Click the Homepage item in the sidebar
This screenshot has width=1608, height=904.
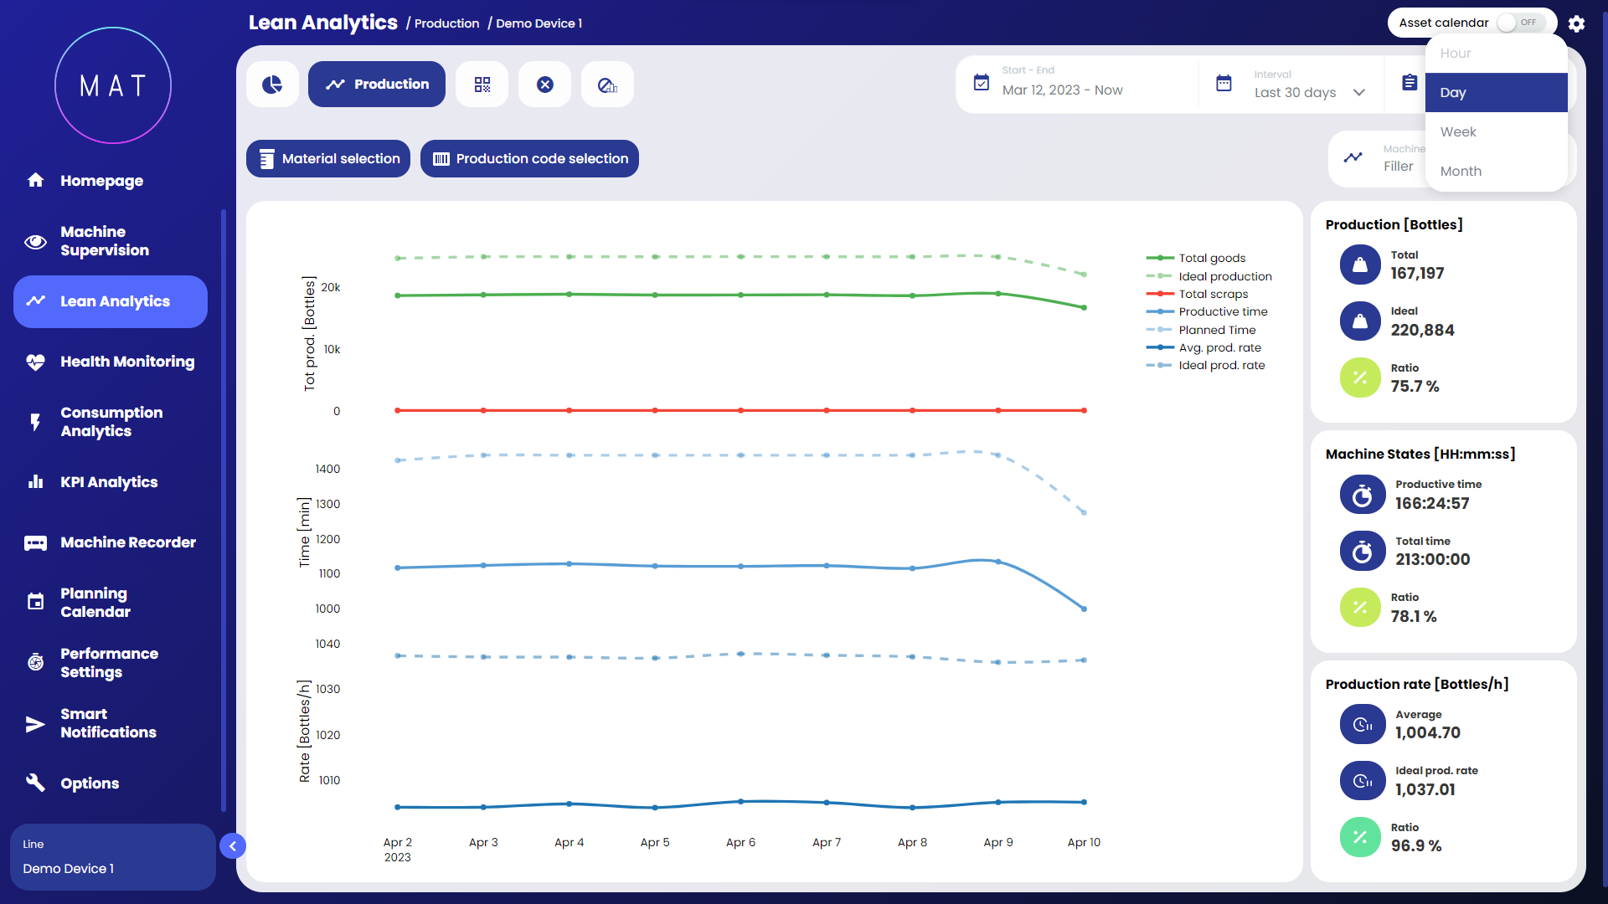(x=100, y=181)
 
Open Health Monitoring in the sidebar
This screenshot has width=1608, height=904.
(x=126, y=362)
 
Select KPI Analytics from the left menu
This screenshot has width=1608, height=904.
(x=108, y=482)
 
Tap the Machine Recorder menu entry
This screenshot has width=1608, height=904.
(x=127, y=542)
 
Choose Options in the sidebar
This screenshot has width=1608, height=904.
(x=89, y=783)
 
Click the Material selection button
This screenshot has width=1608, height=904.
(x=328, y=159)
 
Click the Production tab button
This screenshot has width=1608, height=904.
(x=377, y=85)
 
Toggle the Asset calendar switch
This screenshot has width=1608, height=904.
(x=1519, y=23)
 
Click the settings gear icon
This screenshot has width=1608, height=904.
(x=1576, y=23)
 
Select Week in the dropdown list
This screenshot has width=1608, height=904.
(x=1458, y=132)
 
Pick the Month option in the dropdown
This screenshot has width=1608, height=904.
(x=1461, y=172)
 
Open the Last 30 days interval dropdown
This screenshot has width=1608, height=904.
(x=1309, y=92)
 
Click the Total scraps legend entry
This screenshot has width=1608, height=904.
(x=1213, y=294)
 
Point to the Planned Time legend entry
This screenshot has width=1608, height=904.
(x=1217, y=330)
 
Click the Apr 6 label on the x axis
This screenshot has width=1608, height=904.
(x=740, y=843)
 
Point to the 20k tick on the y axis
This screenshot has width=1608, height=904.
(x=331, y=288)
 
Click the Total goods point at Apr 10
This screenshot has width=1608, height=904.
(x=1084, y=308)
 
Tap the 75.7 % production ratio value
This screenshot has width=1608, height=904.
(x=1415, y=387)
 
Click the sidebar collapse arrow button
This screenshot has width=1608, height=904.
(x=233, y=846)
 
